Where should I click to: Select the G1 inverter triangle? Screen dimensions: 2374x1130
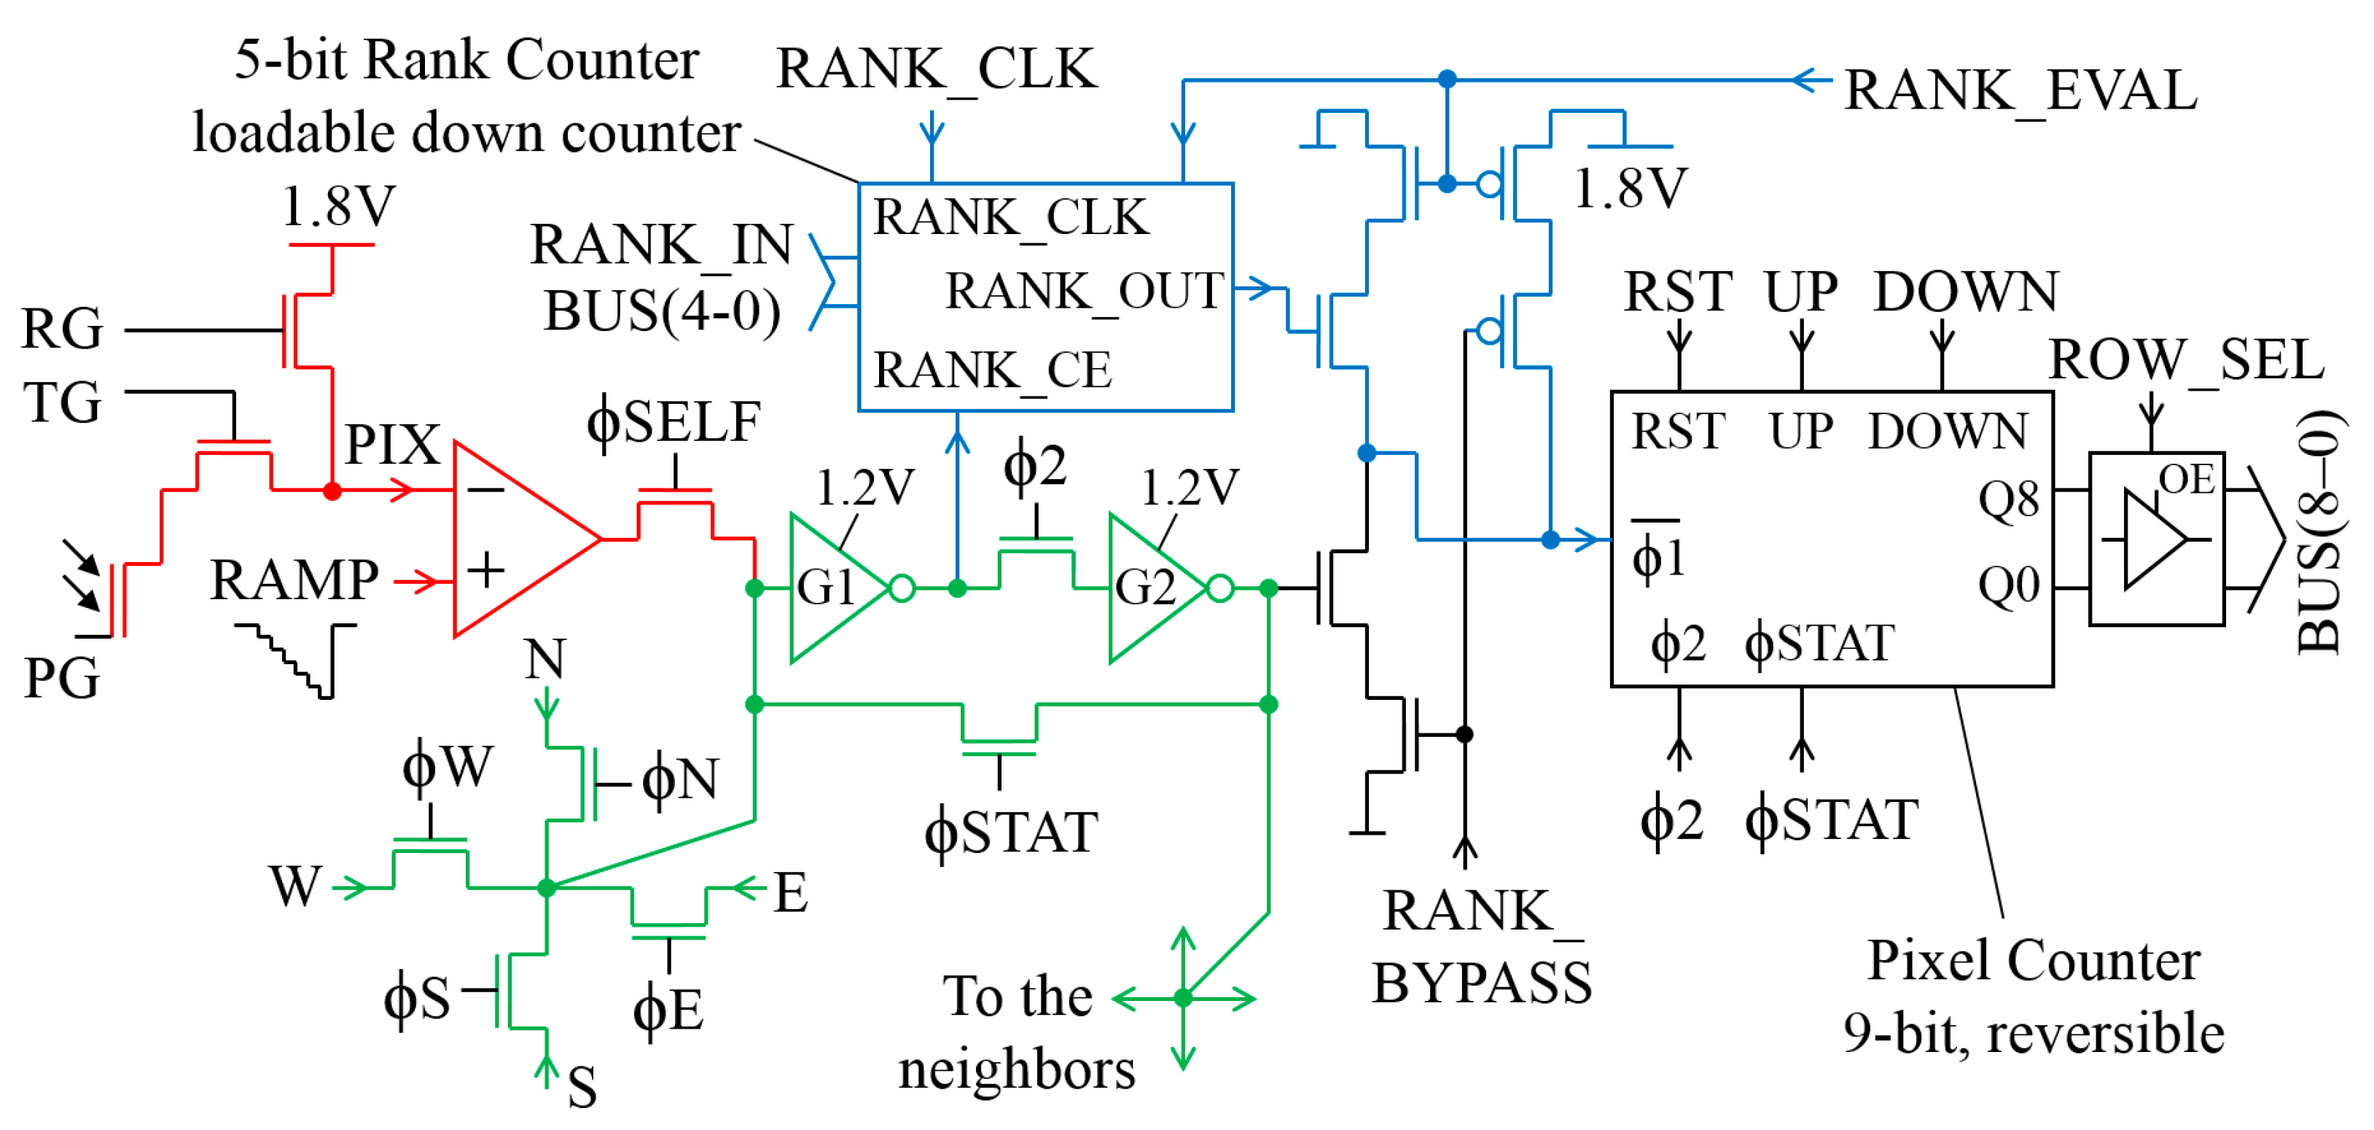[x=839, y=587]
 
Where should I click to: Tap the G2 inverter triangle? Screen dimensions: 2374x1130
[x=1157, y=587]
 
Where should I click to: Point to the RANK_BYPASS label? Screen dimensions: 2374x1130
[x=1481, y=946]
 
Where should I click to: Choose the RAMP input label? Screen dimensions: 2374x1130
[x=294, y=580]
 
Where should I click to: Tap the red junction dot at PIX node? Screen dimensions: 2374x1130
[x=332, y=491]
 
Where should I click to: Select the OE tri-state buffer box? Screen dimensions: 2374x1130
[x=2157, y=539]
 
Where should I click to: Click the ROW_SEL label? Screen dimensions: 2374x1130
[x=2186, y=359]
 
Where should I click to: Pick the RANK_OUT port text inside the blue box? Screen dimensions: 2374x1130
[x=1085, y=292]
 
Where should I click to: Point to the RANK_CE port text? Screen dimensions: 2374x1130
[x=993, y=370]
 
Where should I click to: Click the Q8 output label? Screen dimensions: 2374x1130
[x=2008, y=501]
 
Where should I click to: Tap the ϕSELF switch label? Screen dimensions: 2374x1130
[x=673, y=423]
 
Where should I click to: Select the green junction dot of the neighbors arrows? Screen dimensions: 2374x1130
[x=1183, y=997]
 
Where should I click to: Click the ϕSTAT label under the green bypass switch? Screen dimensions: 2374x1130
[x=1011, y=833]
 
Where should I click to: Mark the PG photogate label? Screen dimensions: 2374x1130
[x=60, y=679]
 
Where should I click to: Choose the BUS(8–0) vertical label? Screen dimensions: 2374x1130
[x=2319, y=531]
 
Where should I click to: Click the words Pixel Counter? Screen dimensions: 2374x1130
[x=2034, y=960]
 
